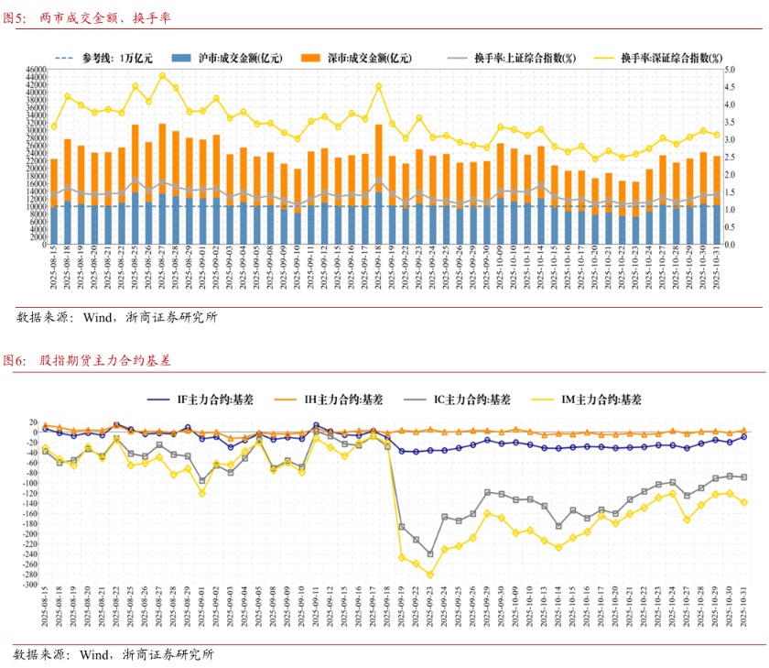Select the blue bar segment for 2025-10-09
[x=500, y=221]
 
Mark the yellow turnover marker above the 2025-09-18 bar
[x=378, y=87]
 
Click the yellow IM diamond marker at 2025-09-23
[x=430, y=575]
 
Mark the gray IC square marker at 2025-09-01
[x=202, y=480]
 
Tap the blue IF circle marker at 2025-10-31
[x=744, y=437]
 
